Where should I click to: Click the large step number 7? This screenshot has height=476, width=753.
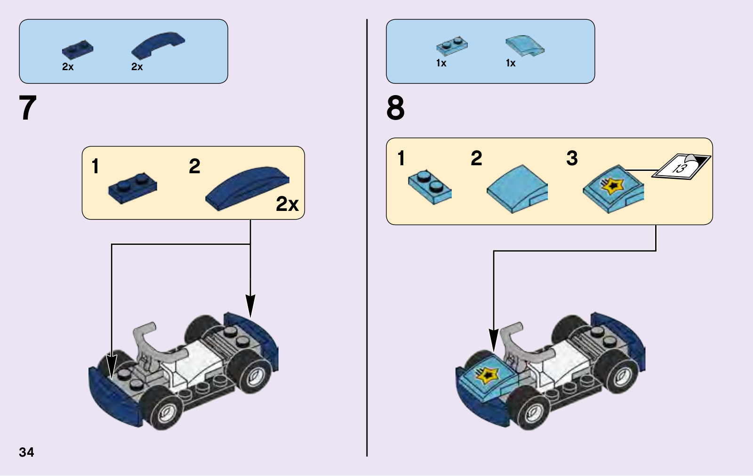coord(28,108)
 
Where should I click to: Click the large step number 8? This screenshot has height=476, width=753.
coord(395,108)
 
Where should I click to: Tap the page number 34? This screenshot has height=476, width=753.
coord(26,452)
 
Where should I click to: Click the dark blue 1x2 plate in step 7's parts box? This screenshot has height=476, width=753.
coord(78,49)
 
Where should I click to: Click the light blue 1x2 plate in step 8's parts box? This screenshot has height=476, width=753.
coord(452,46)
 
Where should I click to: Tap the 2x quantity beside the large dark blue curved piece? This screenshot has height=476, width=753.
coord(287,204)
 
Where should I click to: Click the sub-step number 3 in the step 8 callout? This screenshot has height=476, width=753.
coord(572,159)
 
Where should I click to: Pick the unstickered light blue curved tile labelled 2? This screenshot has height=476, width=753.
coord(517,189)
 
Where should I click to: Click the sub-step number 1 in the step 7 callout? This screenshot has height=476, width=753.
coord(96,166)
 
